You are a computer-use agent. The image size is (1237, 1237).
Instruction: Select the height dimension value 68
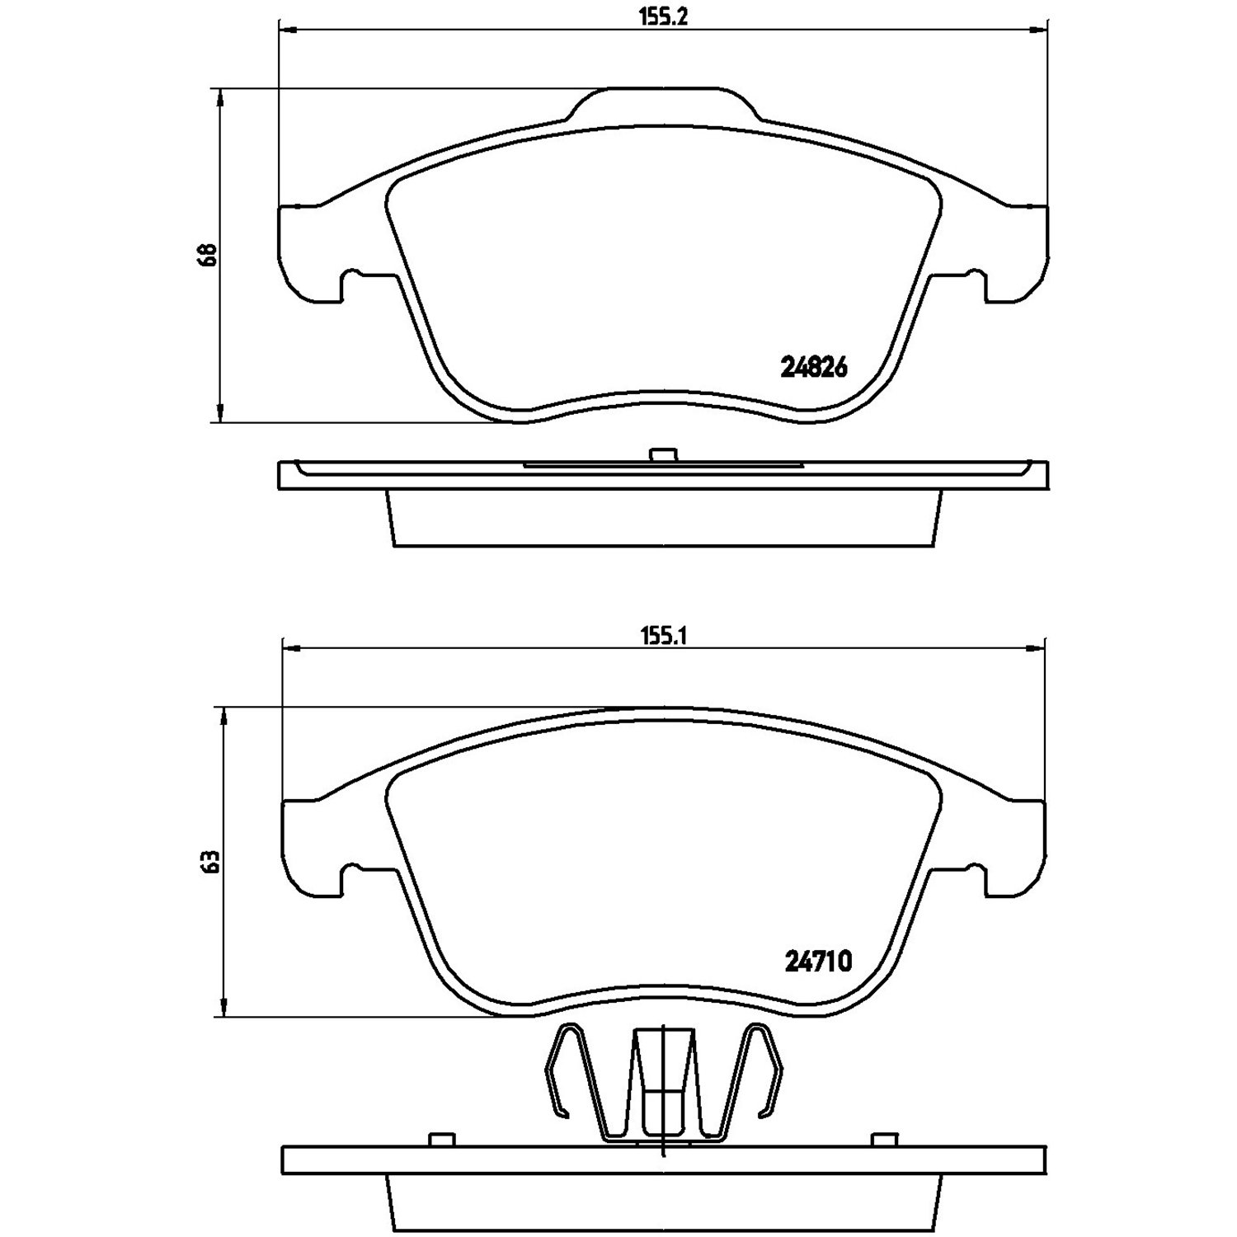click(x=207, y=254)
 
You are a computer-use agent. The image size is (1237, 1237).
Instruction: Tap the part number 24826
click(x=814, y=368)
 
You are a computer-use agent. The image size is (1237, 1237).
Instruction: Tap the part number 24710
click(x=817, y=962)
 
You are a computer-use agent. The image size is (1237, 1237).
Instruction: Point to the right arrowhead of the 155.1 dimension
click(x=1037, y=648)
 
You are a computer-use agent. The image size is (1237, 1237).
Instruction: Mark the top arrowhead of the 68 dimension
click(x=219, y=96)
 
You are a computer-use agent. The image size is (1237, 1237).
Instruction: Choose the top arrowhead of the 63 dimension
click(x=222, y=715)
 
